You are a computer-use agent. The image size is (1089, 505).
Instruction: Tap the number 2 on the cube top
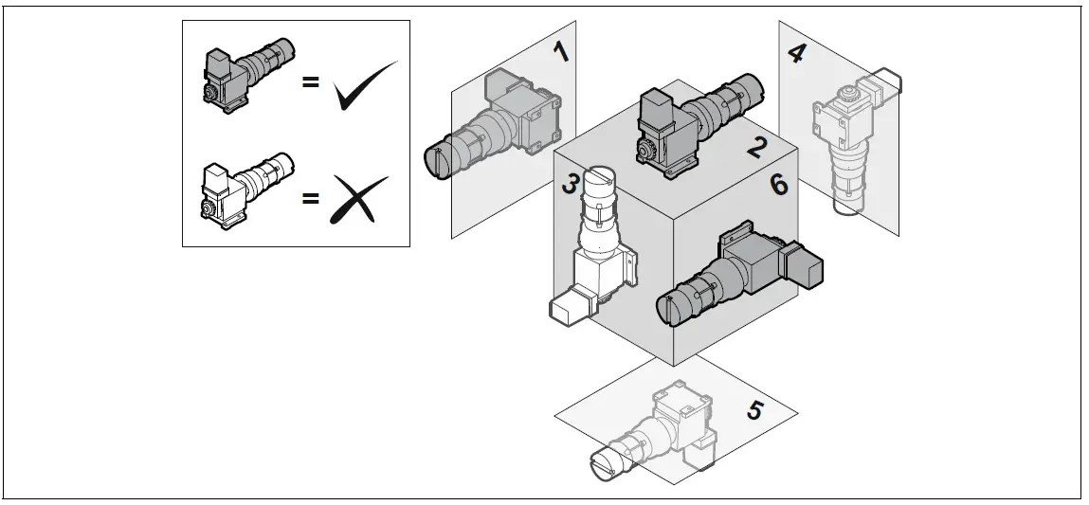coord(755,147)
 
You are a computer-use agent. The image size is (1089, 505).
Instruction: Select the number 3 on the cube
coord(569,184)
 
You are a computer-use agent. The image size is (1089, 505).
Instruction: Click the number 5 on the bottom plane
coord(755,410)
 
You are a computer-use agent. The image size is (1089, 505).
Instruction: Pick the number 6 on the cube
coord(778,184)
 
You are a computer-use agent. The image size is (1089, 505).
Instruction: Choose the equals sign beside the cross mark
coord(310,198)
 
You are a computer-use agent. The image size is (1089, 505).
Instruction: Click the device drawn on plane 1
coord(498,125)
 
